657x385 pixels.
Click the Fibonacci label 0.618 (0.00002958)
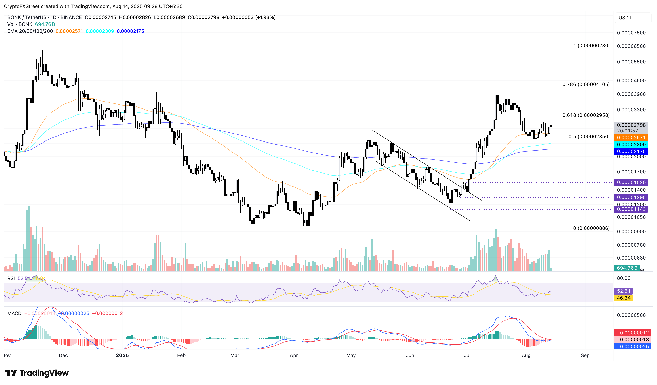click(x=586, y=115)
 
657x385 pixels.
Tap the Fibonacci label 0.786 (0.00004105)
click(x=586, y=84)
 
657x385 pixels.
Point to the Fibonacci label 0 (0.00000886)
click(x=591, y=228)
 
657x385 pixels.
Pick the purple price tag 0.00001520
click(x=631, y=182)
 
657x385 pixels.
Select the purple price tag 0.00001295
click(x=631, y=197)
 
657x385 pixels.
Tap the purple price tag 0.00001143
click(x=631, y=209)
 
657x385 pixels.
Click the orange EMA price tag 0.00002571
click(x=631, y=138)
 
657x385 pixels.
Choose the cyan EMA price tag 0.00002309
click(x=631, y=144)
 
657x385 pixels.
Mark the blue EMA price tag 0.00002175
click(x=631, y=151)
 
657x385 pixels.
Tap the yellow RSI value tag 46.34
click(x=623, y=298)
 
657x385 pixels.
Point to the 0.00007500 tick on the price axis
click(x=631, y=33)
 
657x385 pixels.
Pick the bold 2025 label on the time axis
click(x=122, y=355)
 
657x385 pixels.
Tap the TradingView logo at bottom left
click(x=37, y=373)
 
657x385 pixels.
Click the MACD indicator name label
click(x=14, y=313)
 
